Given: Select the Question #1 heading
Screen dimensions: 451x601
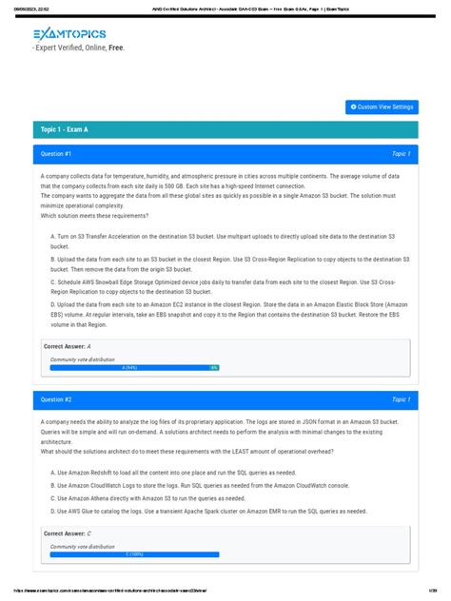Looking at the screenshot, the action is click(57, 153).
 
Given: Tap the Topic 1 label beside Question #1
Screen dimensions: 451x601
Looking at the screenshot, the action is click(401, 153).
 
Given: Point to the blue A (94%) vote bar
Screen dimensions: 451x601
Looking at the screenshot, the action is click(129, 367).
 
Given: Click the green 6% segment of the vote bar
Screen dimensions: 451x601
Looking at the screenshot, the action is click(214, 367).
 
